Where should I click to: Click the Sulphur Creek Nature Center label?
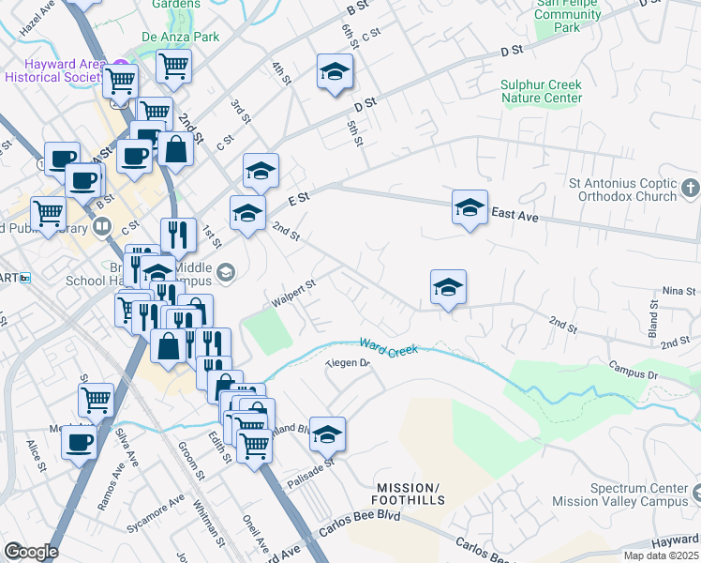point(541,91)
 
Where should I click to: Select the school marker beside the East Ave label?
point(470,208)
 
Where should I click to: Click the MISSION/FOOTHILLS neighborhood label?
point(408,495)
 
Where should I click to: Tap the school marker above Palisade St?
point(327,434)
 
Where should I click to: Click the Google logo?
point(31,551)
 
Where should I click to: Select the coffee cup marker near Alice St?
point(79,442)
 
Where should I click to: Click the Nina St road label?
point(679,293)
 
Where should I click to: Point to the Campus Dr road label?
point(634,371)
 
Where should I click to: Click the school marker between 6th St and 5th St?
point(335,74)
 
